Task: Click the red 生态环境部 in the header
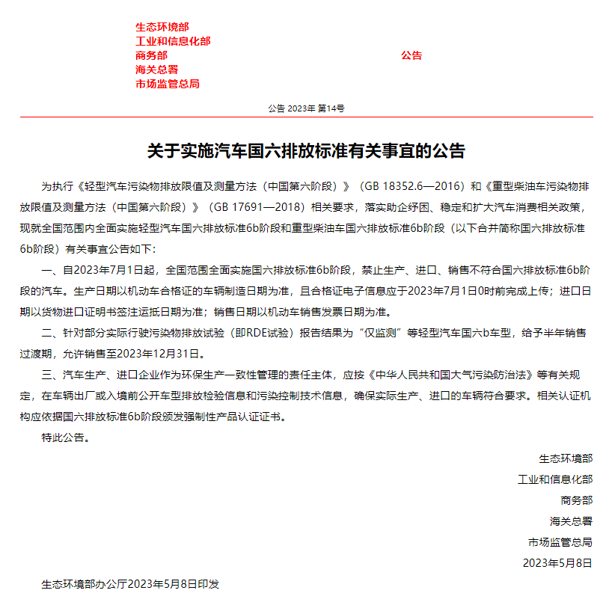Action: point(162,27)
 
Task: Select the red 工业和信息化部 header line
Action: point(173,41)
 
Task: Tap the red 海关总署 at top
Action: point(156,70)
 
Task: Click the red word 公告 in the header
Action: point(411,55)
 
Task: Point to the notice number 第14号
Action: point(331,108)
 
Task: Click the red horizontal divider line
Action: point(306,117)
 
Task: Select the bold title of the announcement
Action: point(306,151)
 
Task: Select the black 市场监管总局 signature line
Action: point(560,542)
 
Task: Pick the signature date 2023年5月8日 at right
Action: point(557,562)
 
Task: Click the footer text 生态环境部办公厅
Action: point(84,584)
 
